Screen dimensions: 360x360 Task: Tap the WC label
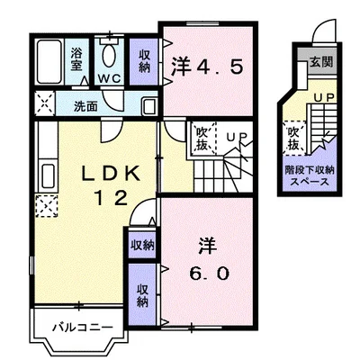(x=110, y=78)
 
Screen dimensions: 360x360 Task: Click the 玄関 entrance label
(x=319, y=63)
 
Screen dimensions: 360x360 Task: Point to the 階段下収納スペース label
(x=309, y=175)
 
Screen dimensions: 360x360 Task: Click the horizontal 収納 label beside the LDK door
(x=141, y=244)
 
